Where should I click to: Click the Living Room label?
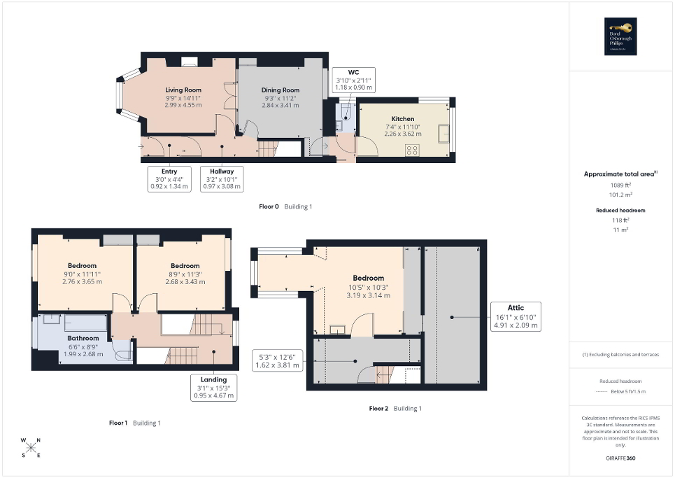(x=183, y=90)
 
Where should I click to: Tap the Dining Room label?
(x=280, y=90)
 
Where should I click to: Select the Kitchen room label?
(x=402, y=119)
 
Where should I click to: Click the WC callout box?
(x=354, y=80)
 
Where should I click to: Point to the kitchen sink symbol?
(x=443, y=133)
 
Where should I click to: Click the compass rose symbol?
(x=31, y=448)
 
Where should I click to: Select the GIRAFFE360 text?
(x=621, y=458)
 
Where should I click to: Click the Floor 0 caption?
(x=269, y=206)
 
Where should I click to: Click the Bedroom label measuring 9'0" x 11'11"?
(x=83, y=265)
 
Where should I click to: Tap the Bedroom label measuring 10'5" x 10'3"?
(x=368, y=278)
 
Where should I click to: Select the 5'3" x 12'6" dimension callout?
(x=278, y=360)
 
